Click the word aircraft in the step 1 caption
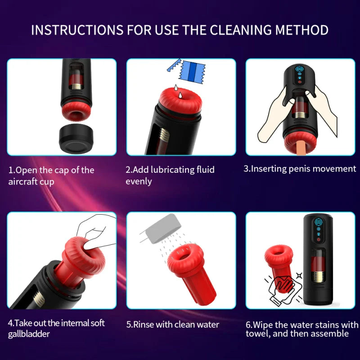pos(25,182)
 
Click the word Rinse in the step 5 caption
pos(144,324)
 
